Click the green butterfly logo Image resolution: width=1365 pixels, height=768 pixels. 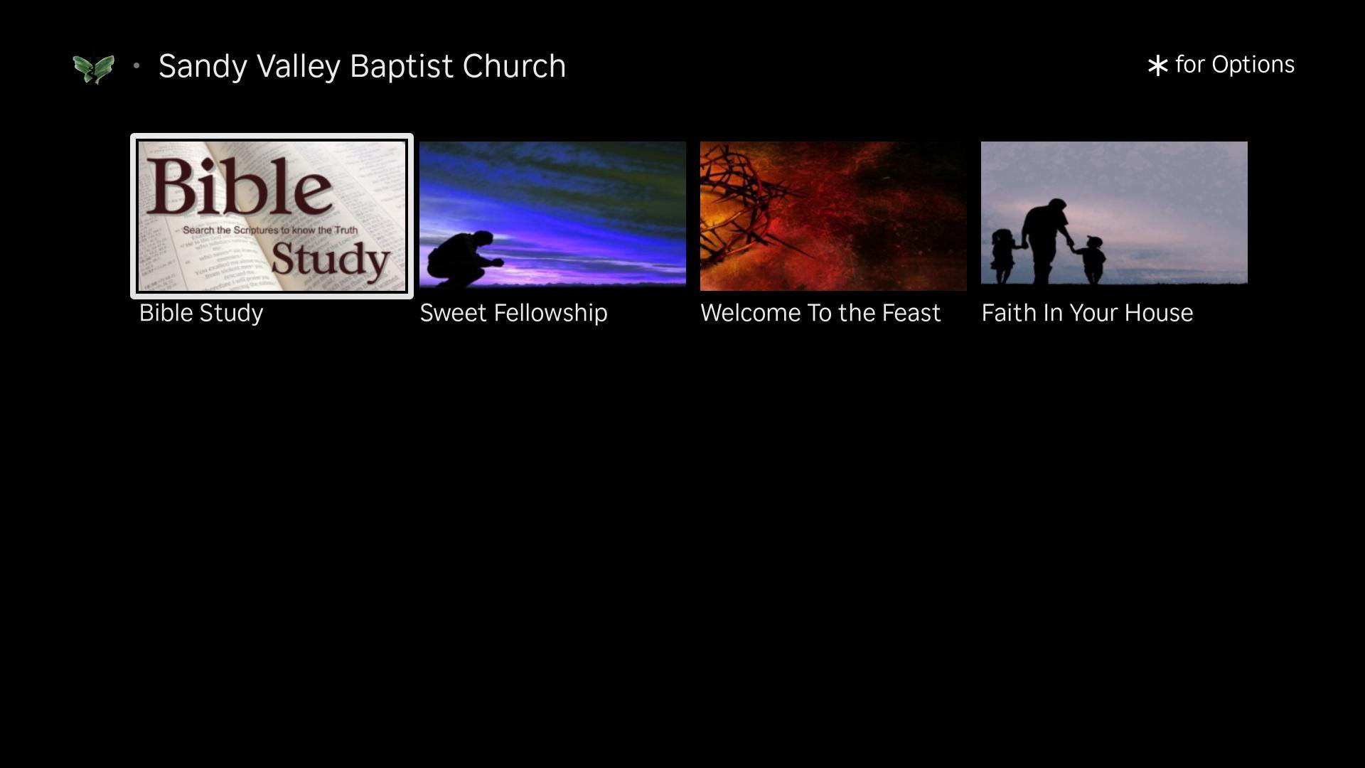[x=93, y=69]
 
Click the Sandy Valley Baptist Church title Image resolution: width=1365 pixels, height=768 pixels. [x=362, y=66]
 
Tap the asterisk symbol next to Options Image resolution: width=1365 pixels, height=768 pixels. [x=1157, y=66]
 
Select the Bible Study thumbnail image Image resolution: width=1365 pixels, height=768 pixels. [x=272, y=216]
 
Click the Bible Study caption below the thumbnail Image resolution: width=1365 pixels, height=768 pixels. [x=201, y=313]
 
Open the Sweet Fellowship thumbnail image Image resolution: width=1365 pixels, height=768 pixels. [x=552, y=216]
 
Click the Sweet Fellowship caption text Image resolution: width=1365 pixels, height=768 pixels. [x=513, y=313]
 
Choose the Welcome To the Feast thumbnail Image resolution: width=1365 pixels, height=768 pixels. [x=833, y=216]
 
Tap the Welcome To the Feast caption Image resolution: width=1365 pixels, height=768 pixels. [x=820, y=313]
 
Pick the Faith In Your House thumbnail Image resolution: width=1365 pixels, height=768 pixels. [x=1114, y=216]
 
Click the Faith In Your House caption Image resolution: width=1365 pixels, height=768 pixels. [x=1087, y=313]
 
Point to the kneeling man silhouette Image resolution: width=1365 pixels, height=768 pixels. [x=466, y=259]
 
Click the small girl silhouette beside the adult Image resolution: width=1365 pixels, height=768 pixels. [x=1005, y=257]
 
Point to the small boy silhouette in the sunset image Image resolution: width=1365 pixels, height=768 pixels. [x=1091, y=260]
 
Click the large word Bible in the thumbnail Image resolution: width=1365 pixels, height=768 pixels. [x=240, y=186]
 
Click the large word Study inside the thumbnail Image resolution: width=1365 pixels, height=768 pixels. [x=331, y=259]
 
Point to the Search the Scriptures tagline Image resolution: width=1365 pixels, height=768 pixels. [x=270, y=230]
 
